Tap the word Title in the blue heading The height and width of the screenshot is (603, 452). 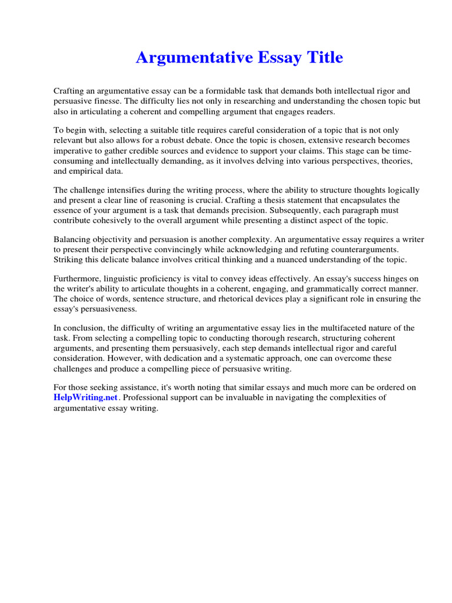321,58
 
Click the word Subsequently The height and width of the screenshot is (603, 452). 344,210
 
